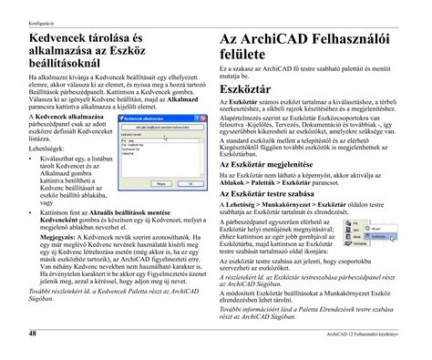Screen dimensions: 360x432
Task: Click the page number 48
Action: (33, 334)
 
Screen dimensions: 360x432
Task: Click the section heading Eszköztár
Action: (245, 93)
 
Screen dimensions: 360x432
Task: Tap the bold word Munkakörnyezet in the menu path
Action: (283, 204)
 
